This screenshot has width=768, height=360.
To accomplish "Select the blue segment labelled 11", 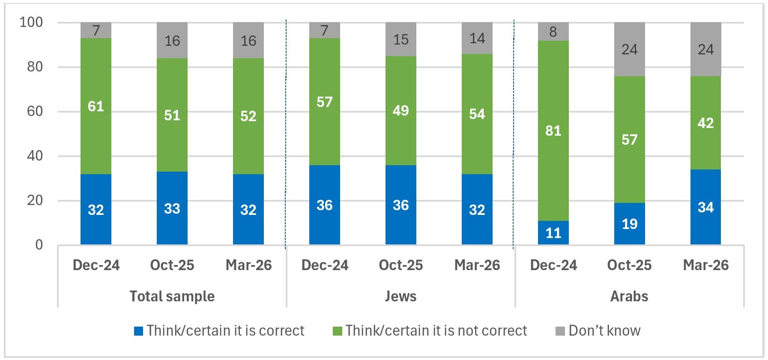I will click(x=553, y=232).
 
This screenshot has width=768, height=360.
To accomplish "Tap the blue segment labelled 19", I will click(x=629, y=223).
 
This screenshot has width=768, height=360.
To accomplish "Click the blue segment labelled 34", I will click(x=705, y=207).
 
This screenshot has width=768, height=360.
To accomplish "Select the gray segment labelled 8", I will click(x=553, y=31).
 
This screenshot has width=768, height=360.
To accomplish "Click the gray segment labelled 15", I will click(x=400, y=39).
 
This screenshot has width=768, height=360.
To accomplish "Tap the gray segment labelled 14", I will click(x=477, y=38).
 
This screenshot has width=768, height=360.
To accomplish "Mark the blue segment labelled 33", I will click(x=172, y=208).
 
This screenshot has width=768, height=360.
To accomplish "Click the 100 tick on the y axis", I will click(x=31, y=22).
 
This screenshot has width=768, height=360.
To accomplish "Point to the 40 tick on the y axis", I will click(x=35, y=156).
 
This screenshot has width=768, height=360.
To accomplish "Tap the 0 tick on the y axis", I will click(x=39, y=245).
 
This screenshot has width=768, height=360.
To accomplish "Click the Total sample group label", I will click(x=172, y=296).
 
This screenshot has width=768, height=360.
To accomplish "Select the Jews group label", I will click(x=400, y=296).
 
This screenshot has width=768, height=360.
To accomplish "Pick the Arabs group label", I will click(x=629, y=296).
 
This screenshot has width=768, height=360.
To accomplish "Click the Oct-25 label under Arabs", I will click(x=629, y=265).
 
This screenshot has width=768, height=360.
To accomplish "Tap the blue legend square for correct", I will click(x=138, y=331).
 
